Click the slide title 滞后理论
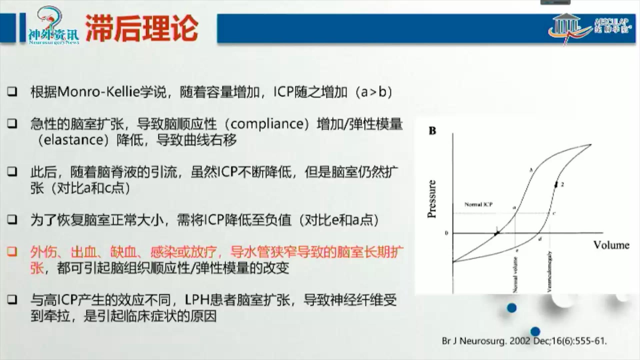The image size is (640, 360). (142, 28)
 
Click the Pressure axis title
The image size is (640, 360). (432, 199)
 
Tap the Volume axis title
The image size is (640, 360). (611, 245)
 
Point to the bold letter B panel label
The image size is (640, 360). (432, 131)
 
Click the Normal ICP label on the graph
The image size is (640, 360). (478, 204)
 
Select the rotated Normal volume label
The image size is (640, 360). (515, 275)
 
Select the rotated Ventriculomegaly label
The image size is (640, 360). (549, 271)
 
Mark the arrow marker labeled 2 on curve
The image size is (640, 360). (556, 184)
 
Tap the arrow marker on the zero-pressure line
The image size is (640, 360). (497, 233)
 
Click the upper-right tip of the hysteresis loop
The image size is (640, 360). (590, 145)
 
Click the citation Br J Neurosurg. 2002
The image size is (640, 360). (524, 341)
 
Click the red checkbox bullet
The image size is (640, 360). (12, 252)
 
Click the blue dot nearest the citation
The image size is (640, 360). (535, 331)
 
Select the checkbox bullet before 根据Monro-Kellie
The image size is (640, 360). (12, 91)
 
